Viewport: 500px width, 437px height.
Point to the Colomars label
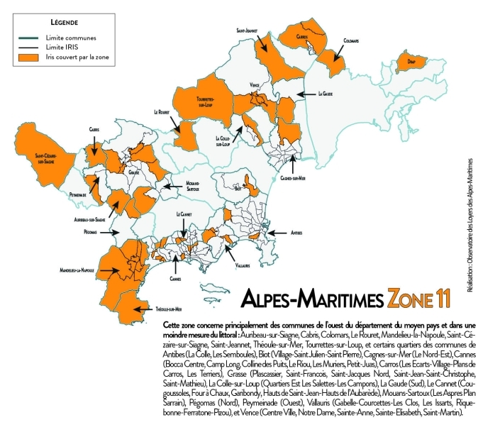coord(352,40)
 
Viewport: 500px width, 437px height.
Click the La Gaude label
coord(326,93)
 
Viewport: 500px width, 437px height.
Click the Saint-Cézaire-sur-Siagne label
coord(40,158)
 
